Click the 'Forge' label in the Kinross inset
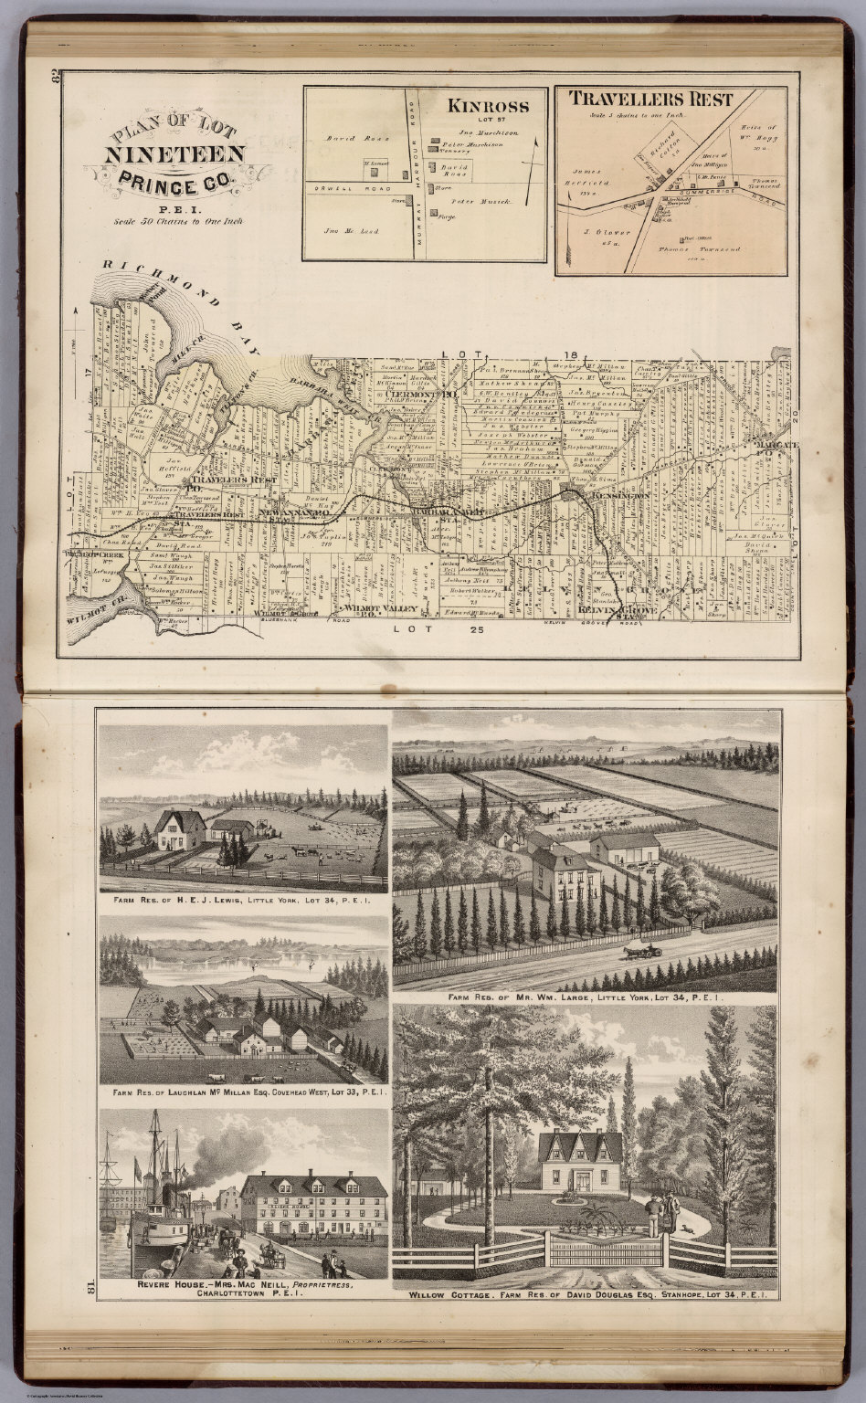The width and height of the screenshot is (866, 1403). click(x=446, y=217)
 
